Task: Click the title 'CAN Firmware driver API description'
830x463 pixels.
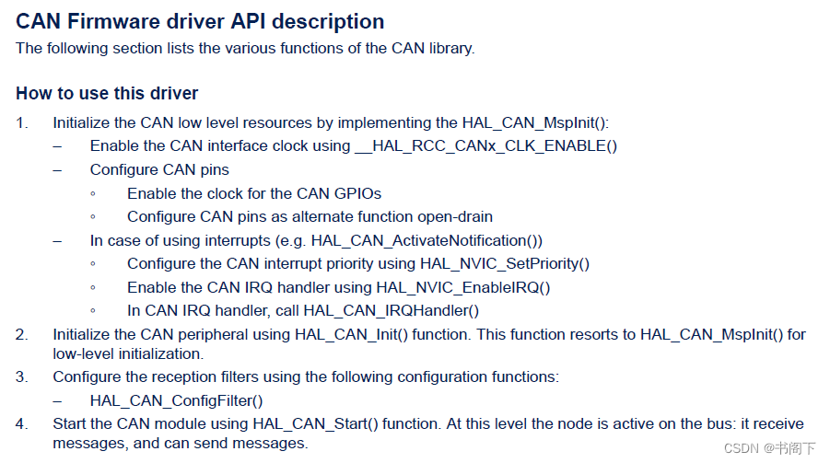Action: click(x=200, y=21)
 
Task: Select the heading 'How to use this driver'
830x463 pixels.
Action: click(x=107, y=93)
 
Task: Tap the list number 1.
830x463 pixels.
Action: click(x=21, y=122)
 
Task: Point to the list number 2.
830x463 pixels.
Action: click(x=21, y=335)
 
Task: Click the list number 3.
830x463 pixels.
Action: click(x=21, y=376)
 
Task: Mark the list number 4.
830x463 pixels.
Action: click(x=21, y=423)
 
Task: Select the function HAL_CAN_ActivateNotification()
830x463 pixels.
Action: click(x=426, y=240)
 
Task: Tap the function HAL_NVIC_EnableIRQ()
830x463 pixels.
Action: click(x=462, y=287)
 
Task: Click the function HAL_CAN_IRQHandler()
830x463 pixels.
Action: click(x=391, y=311)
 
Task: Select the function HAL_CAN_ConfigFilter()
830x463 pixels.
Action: click(x=176, y=400)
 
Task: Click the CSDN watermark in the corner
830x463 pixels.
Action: click(x=769, y=448)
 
